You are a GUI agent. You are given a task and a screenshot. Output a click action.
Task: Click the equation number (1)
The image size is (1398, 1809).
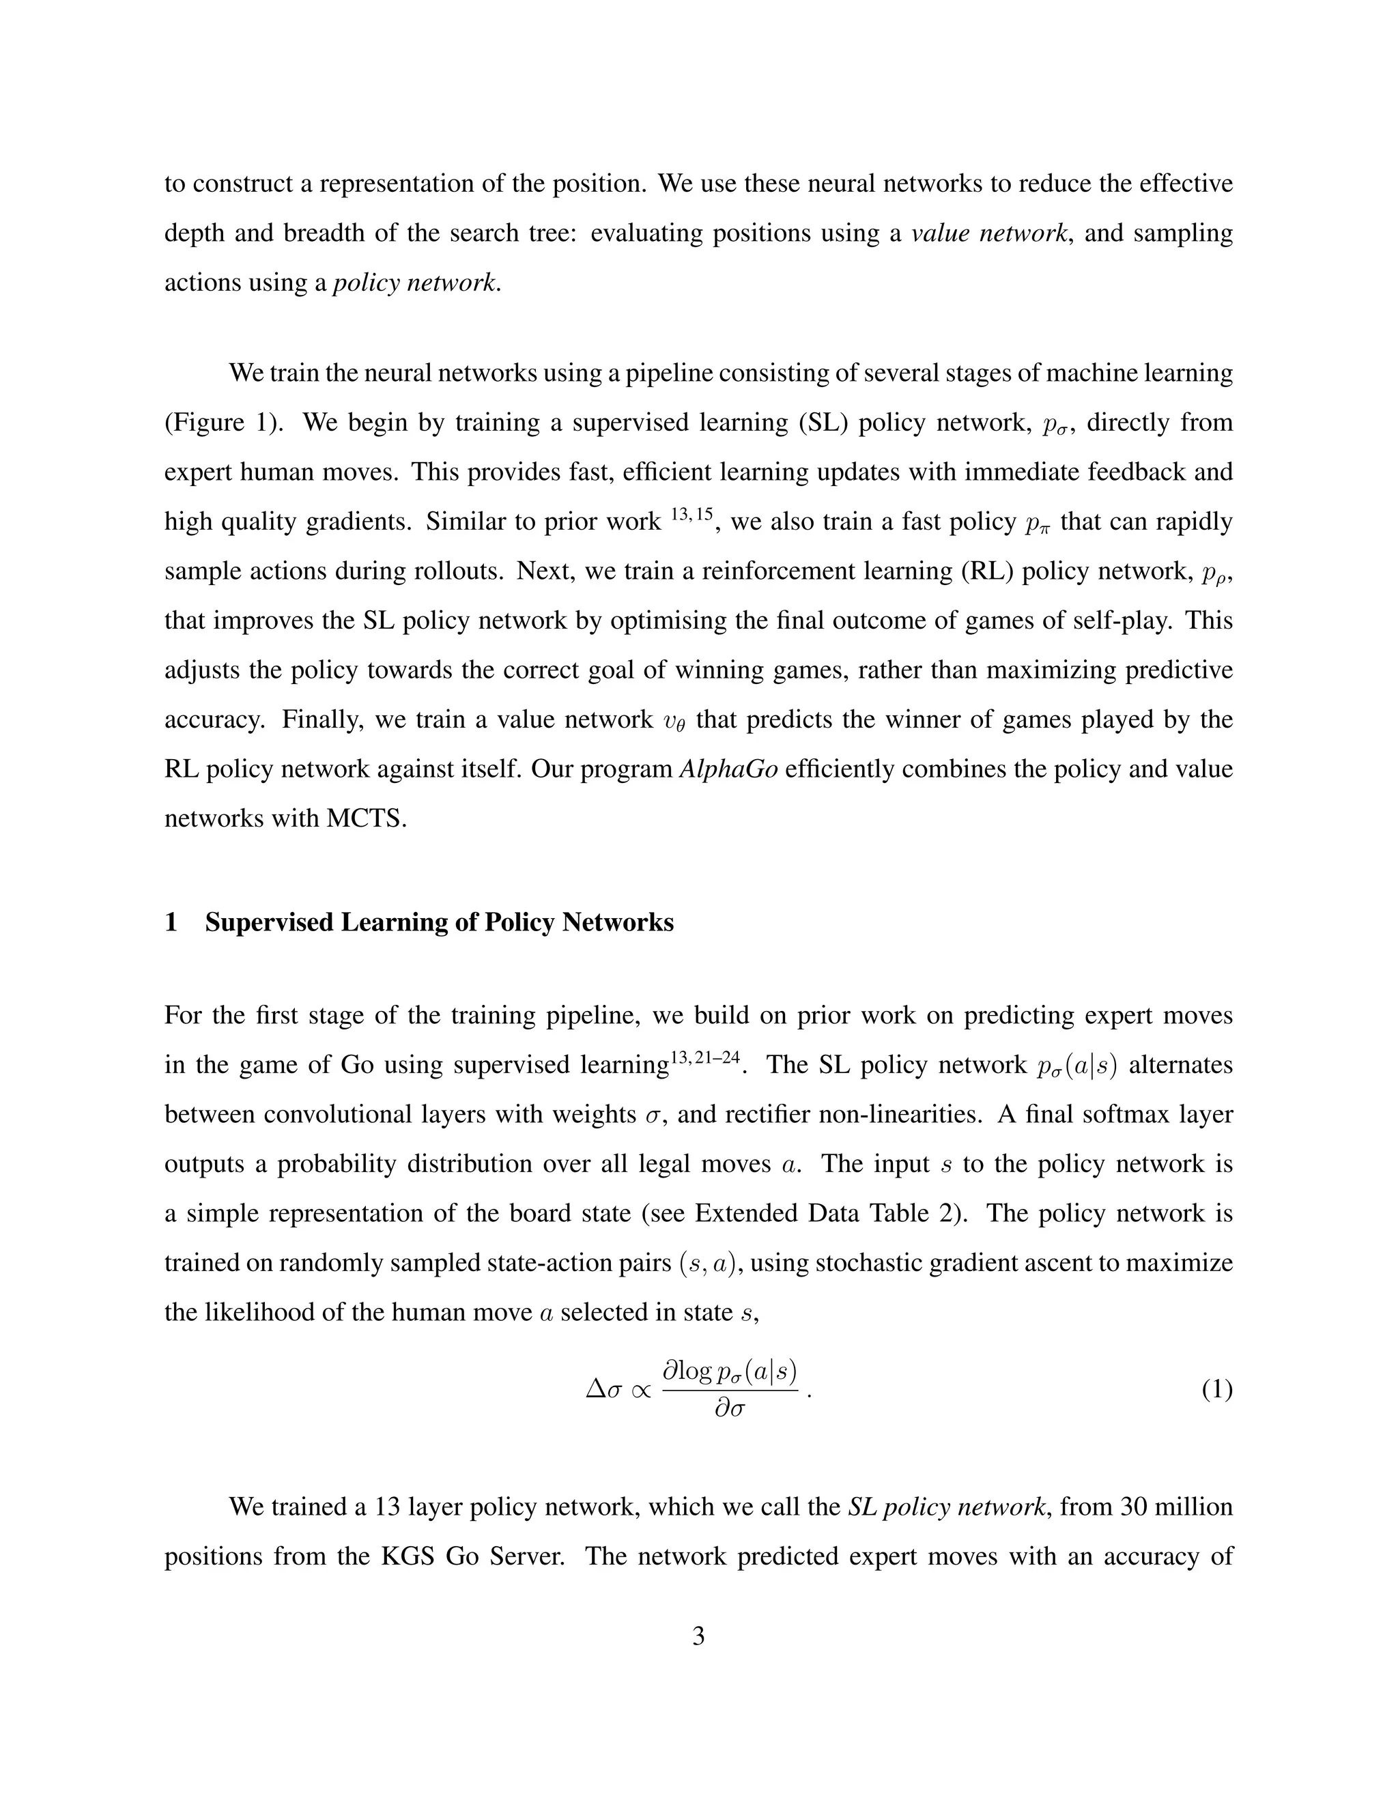point(1216,1390)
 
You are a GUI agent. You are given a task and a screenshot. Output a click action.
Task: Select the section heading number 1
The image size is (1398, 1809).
point(171,922)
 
